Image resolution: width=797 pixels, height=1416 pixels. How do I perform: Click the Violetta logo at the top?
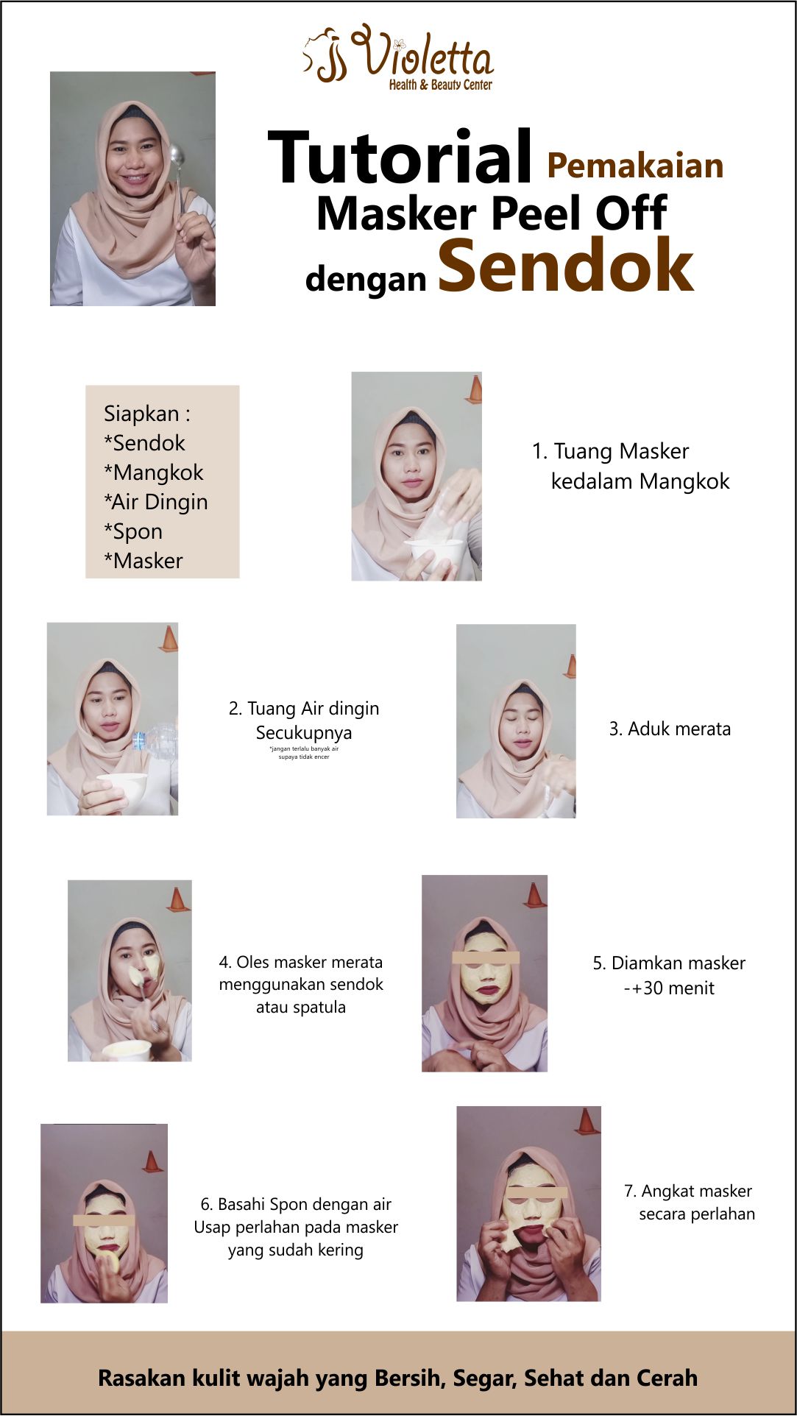(398, 57)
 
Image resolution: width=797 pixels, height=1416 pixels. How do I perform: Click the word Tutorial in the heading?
(400, 157)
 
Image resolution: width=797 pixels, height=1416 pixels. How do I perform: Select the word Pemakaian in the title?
(635, 166)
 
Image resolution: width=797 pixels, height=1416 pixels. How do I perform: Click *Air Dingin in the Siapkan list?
(156, 502)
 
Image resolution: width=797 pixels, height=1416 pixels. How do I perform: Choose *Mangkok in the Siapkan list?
(154, 472)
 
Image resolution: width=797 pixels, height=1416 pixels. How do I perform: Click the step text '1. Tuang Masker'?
(610, 451)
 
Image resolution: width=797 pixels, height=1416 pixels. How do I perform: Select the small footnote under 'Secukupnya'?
(304, 753)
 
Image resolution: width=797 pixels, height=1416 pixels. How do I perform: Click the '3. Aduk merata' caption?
(670, 729)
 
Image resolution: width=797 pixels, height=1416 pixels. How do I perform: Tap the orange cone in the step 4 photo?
(177, 899)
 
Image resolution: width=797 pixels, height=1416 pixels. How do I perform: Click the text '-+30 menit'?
(668, 988)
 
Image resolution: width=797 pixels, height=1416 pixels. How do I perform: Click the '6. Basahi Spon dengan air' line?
(296, 1204)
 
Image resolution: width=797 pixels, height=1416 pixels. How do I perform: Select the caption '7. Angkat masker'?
(687, 1191)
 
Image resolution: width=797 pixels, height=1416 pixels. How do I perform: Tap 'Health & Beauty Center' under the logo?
(440, 85)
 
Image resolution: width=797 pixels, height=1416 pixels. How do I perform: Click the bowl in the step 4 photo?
(127, 1050)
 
